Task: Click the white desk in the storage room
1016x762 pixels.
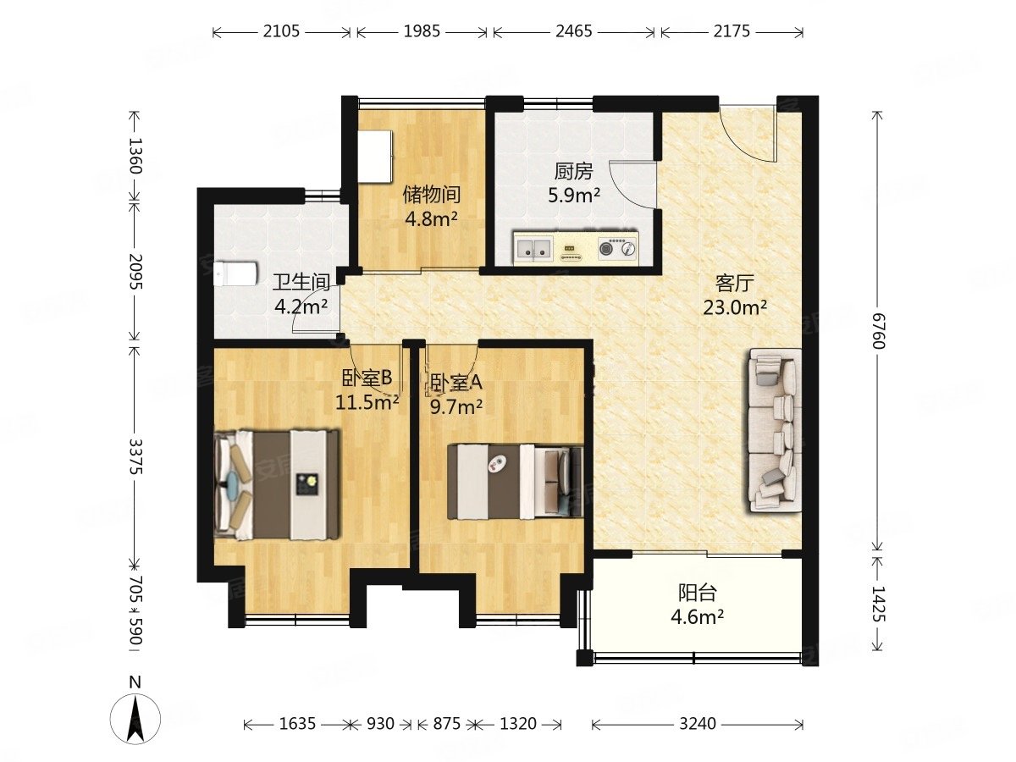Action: [x=375, y=157]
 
